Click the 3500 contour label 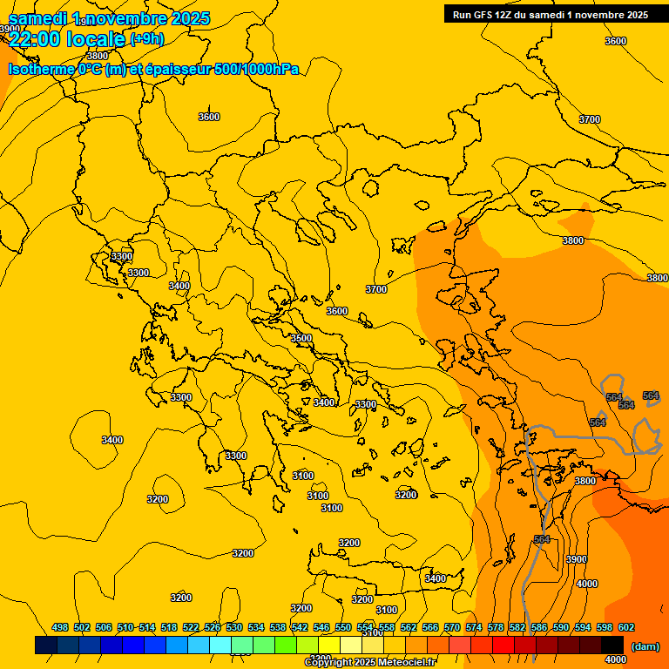301,338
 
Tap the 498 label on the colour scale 60,627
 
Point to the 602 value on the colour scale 625,627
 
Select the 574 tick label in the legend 474,627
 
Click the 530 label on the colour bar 234,627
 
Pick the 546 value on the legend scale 321,627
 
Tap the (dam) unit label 645,645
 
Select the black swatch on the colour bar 612,645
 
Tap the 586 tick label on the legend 539,627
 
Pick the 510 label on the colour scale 125,627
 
